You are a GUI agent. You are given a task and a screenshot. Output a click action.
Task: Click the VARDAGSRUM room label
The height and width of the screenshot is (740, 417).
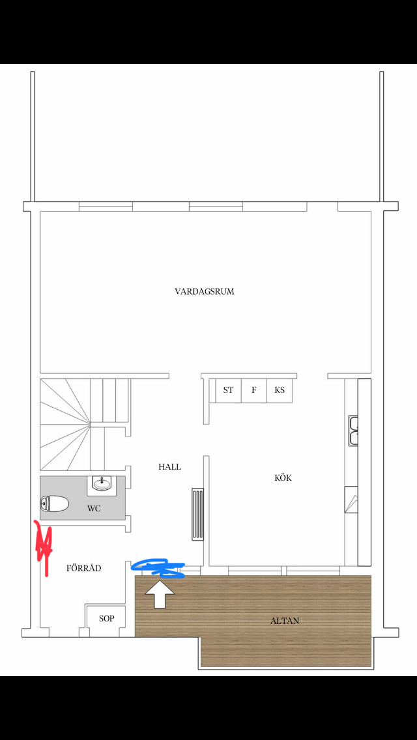pos(204,291)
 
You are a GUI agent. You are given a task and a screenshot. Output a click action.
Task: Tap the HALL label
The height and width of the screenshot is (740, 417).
pos(169,466)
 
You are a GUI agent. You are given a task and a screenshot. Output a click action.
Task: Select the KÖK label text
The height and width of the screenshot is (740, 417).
pos(283,477)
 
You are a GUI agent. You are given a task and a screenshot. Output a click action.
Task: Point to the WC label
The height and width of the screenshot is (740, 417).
pos(94,508)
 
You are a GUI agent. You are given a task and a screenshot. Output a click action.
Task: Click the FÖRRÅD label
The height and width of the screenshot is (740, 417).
pos(84,568)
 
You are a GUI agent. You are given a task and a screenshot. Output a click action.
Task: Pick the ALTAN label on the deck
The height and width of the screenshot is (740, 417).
pos(285,621)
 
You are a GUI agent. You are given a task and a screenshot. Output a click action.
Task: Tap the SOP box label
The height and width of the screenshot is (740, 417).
pos(106,618)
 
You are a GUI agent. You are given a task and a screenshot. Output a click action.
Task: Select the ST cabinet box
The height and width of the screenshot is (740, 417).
pos(228,390)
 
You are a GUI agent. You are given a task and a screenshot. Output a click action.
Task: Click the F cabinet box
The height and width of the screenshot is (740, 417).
pos(254,390)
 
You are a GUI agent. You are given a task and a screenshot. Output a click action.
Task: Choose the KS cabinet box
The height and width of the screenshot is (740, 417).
pos(280,390)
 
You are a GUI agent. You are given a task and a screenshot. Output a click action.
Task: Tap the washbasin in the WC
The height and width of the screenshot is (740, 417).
pos(102,483)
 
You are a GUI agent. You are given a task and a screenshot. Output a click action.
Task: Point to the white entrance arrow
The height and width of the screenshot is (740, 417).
pos(159,593)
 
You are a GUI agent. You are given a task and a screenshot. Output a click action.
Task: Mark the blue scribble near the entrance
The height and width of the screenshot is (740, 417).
pos(158,567)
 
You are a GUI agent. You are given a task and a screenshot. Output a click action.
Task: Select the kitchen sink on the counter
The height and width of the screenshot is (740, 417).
pos(354,431)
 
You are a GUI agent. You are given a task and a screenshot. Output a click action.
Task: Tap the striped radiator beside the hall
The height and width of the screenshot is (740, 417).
pos(198,514)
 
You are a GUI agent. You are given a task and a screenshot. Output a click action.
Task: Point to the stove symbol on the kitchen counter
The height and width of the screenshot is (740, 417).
pos(352,500)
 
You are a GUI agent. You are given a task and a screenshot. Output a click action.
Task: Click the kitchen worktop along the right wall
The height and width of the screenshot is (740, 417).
pos(364,469)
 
